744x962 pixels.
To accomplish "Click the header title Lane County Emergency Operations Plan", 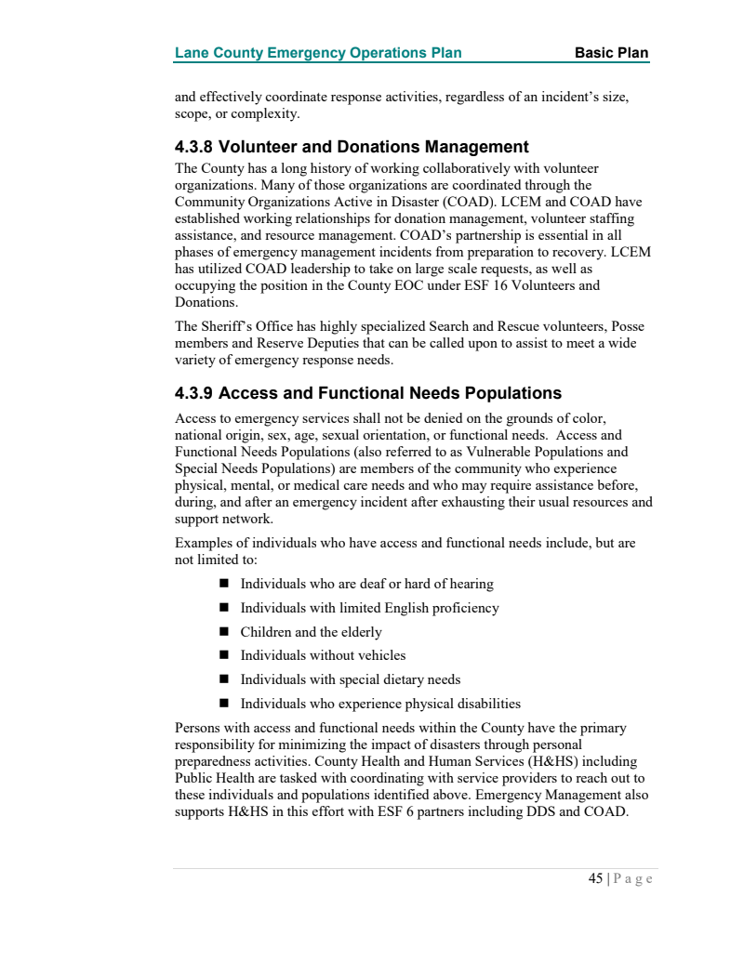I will click(318, 52).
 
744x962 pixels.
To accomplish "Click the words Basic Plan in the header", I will click(611, 52).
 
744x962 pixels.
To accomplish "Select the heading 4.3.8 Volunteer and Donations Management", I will click(352, 147).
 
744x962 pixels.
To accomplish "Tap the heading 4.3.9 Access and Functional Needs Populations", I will click(368, 393).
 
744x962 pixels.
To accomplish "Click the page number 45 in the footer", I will click(595, 878).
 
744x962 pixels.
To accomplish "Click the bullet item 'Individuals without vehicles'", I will click(323, 655).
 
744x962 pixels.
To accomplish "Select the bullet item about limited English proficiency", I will click(369, 608).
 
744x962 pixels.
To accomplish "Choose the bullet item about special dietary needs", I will click(351, 679).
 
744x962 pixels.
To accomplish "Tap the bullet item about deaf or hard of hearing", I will click(366, 584).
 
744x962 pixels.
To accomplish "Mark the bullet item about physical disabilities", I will click(380, 704).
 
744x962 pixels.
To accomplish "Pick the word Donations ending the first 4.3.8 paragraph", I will click(205, 302).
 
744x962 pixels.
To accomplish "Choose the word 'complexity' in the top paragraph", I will click(266, 114).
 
